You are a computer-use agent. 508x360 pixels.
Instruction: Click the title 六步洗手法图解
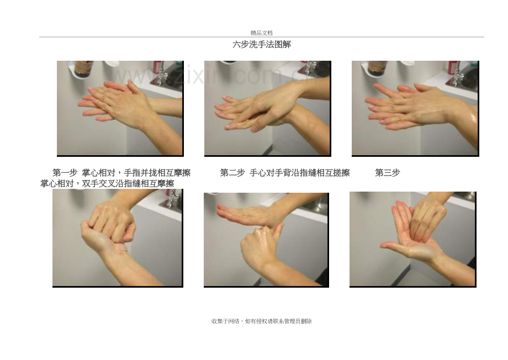(261, 44)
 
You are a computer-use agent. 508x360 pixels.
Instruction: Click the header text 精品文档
(261, 33)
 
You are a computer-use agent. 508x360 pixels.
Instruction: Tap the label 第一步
(65, 172)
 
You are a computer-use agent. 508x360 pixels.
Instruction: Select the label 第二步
(232, 173)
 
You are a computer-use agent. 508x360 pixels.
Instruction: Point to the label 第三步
(388, 173)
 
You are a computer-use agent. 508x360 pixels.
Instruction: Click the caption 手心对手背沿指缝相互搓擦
(300, 173)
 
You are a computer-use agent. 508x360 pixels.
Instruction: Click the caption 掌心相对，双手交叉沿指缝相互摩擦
(107, 184)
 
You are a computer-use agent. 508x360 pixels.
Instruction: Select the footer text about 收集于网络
(261, 321)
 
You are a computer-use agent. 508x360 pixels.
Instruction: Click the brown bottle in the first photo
(83, 68)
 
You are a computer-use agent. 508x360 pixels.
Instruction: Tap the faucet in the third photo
(457, 75)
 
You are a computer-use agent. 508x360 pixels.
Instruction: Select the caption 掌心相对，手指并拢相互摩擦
(136, 172)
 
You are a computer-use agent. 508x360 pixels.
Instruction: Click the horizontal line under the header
(261, 37)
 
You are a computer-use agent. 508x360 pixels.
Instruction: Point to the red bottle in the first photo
(157, 68)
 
